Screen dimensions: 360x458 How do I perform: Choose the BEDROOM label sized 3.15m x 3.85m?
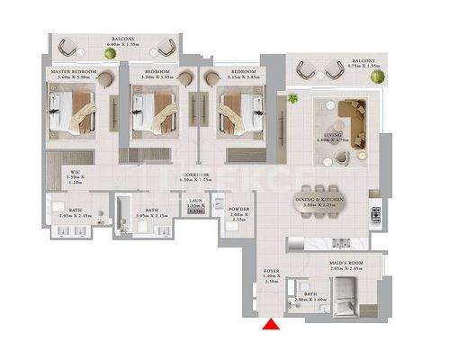243,73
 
